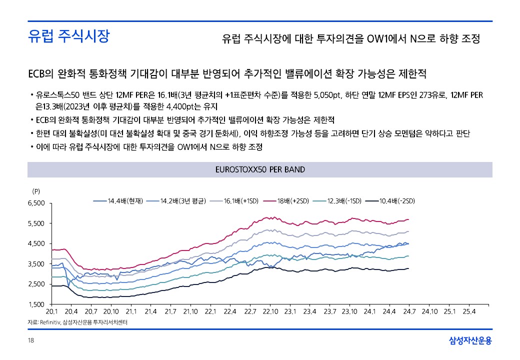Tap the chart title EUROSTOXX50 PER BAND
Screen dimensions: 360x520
tap(259, 169)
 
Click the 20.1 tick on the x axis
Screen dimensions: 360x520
tap(51, 311)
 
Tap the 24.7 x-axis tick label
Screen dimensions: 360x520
tap(409, 311)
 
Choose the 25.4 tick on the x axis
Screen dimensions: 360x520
tap(468, 311)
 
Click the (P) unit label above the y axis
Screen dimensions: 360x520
tap(36, 191)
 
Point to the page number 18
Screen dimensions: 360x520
tap(30, 341)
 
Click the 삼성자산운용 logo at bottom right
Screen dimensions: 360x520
tap(470, 341)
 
